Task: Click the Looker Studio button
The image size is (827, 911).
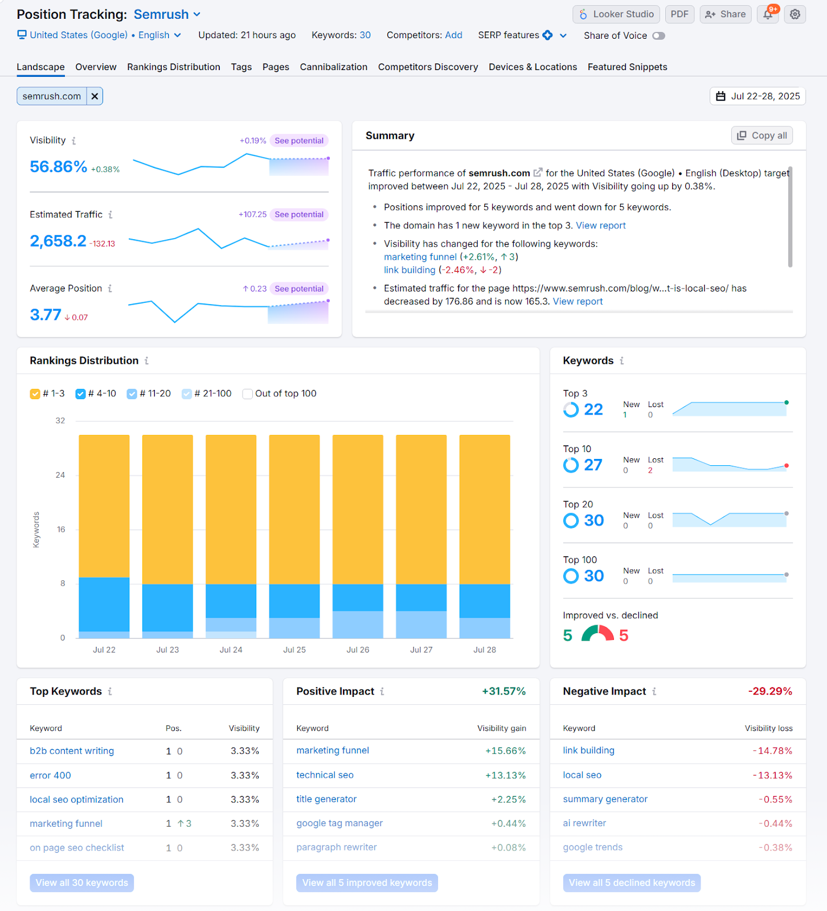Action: [616, 14]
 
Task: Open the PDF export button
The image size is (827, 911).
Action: [679, 14]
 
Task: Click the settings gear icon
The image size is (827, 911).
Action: [795, 14]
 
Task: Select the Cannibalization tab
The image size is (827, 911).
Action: [333, 67]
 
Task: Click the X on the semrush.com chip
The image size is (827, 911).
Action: [95, 96]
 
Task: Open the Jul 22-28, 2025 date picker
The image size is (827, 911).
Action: [758, 96]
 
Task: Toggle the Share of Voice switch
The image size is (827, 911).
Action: [658, 36]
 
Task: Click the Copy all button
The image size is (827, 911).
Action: [762, 136]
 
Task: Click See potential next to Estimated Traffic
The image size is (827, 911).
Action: [298, 215]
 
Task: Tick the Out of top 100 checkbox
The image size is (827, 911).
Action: [248, 394]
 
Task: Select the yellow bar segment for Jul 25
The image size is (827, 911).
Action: [294, 510]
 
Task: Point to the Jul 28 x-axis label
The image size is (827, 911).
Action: [485, 650]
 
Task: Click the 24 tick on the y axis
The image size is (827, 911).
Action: [60, 475]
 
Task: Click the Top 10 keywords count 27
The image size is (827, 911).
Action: [593, 465]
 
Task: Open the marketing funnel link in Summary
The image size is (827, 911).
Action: [420, 257]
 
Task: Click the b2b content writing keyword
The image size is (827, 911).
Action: [72, 751]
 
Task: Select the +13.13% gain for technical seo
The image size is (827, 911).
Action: [505, 775]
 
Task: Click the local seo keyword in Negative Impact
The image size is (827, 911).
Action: [582, 775]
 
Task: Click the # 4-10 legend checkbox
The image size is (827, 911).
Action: [81, 394]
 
